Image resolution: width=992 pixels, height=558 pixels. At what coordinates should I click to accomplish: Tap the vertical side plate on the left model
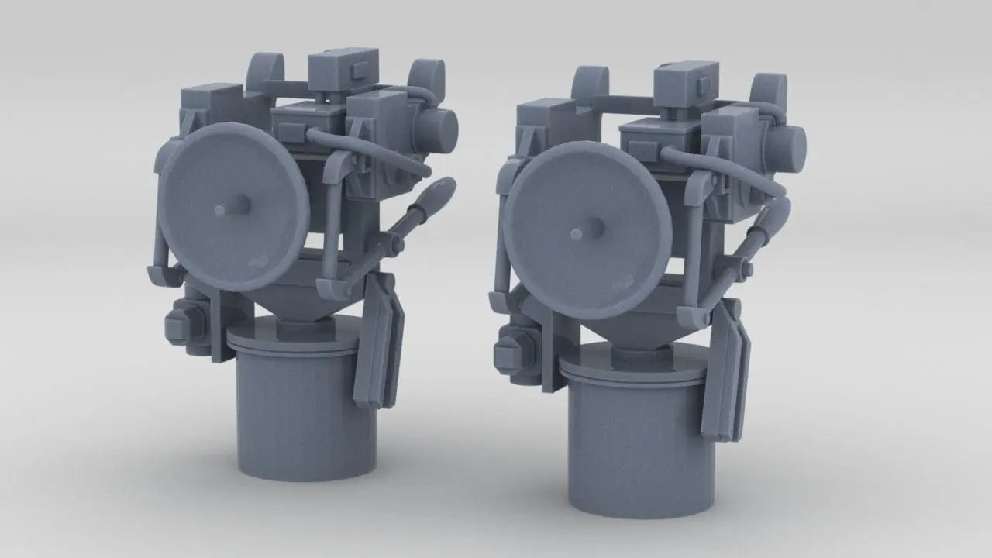pos(380,341)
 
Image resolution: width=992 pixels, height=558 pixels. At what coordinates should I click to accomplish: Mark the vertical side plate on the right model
pos(728,372)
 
